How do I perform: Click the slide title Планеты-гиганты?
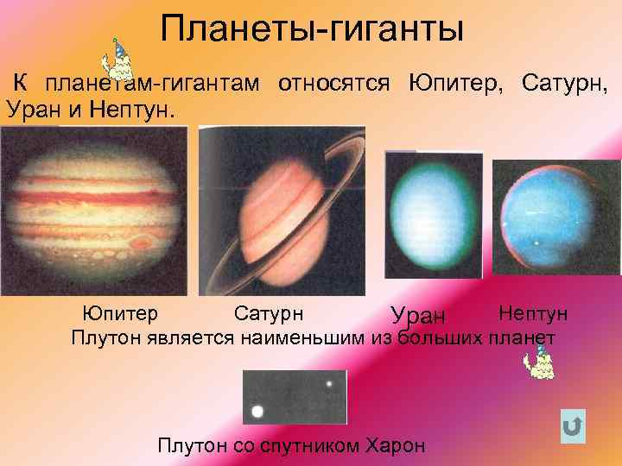click(312, 31)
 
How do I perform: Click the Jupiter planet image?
click(94, 211)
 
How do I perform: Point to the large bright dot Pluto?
click(257, 412)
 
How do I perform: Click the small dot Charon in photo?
click(329, 383)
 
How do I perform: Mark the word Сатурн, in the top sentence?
click(564, 83)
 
